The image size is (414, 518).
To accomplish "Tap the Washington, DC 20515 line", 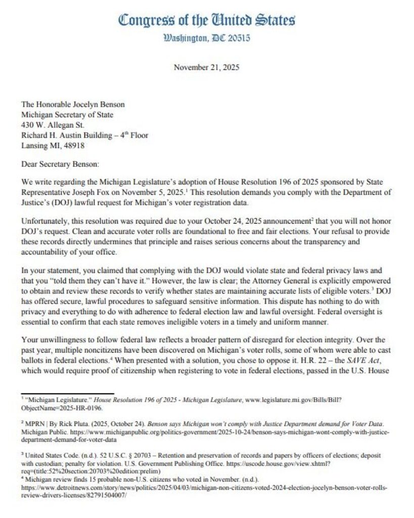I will click(206, 38).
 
